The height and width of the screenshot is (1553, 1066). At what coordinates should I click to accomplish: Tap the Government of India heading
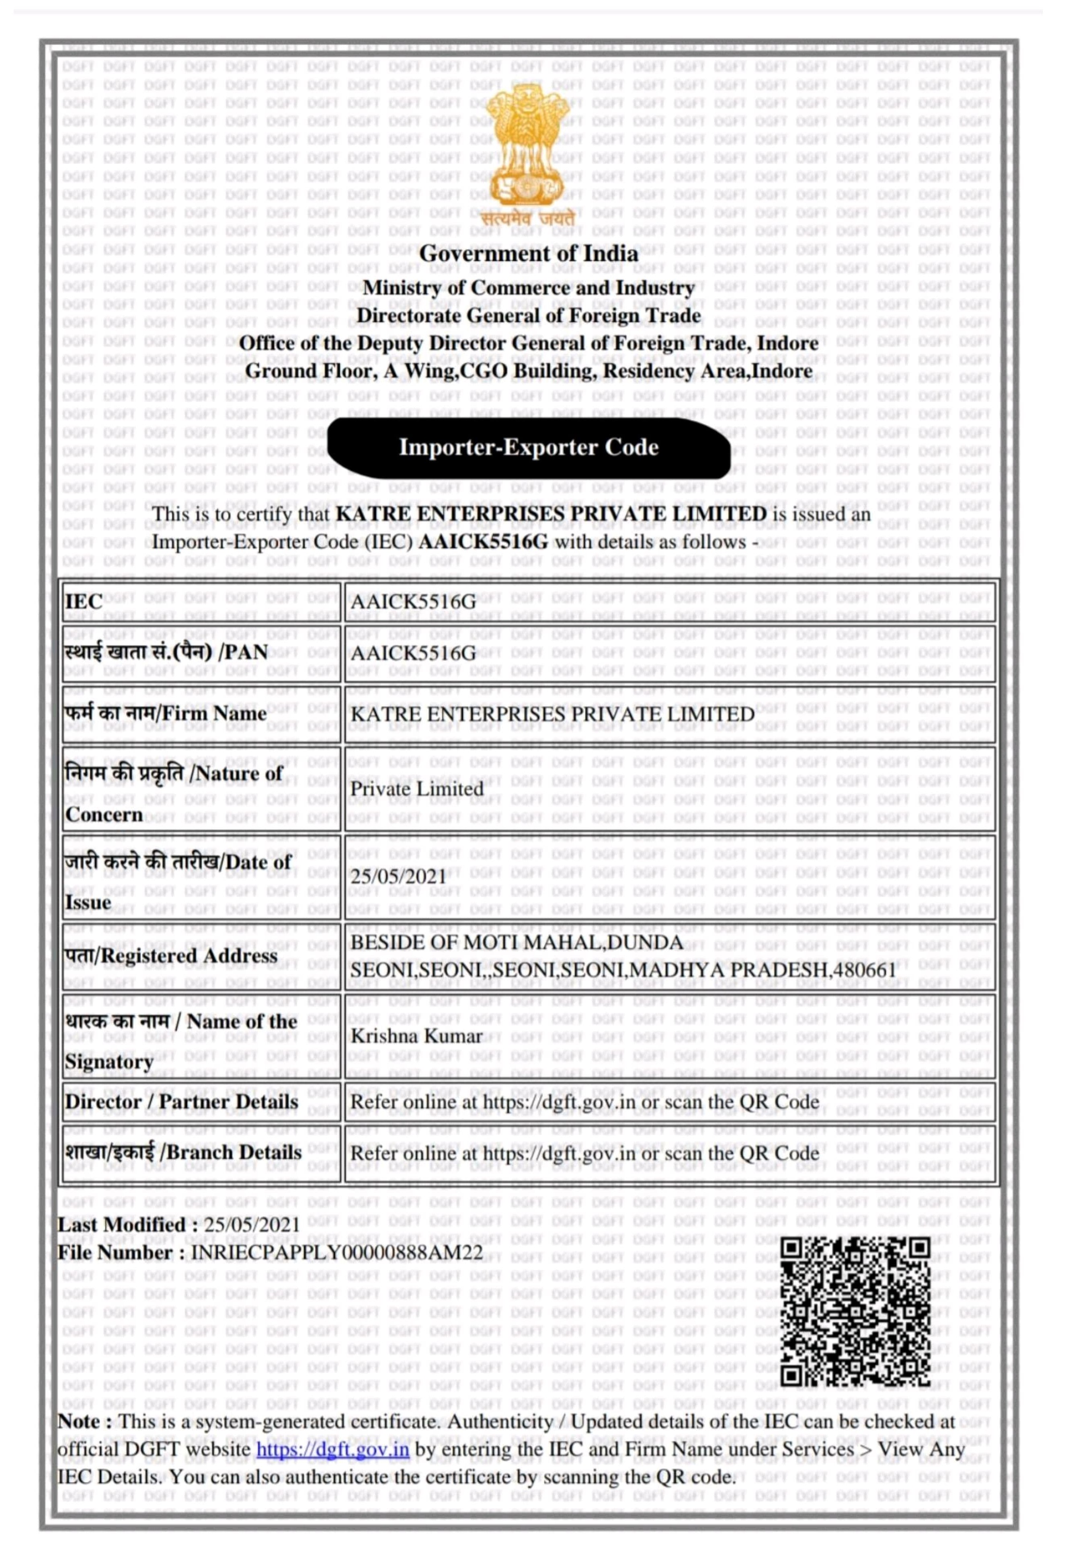pyautogui.click(x=529, y=254)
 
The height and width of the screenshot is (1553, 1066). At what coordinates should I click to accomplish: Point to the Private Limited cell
pyautogui.click(x=417, y=789)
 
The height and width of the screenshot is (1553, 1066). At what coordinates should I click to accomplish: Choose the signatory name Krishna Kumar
pyautogui.click(x=416, y=1037)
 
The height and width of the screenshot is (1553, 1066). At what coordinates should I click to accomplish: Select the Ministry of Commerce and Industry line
pyautogui.click(x=529, y=288)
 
